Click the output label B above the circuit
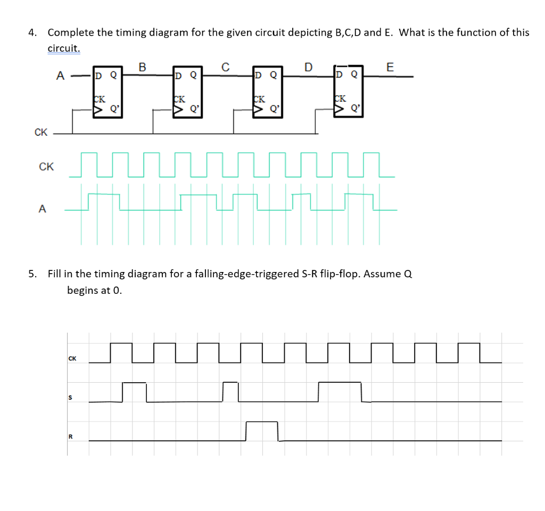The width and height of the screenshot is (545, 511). pos(142,67)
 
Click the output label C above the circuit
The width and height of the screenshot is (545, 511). pos(225,67)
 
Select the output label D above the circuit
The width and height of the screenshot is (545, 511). pos(308,67)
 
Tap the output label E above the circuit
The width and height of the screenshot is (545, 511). pos(390,67)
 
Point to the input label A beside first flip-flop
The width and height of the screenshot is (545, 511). pos(60,76)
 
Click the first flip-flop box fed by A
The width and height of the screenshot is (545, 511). pos(107,92)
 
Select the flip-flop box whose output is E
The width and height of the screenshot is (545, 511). pos(349,92)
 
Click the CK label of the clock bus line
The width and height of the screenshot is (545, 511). pos(40,133)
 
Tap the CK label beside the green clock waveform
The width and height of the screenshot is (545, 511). pos(46,167)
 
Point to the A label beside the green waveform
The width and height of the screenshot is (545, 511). pos(42,209)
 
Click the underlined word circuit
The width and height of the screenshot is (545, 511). pos(63,48)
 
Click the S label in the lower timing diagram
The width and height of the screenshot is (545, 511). pos(69,398)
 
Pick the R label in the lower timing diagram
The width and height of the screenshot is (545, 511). pos(69,436)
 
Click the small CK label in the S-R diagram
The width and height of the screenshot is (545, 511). pos(72,358)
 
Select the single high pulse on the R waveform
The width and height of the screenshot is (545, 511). pos(262,430)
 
